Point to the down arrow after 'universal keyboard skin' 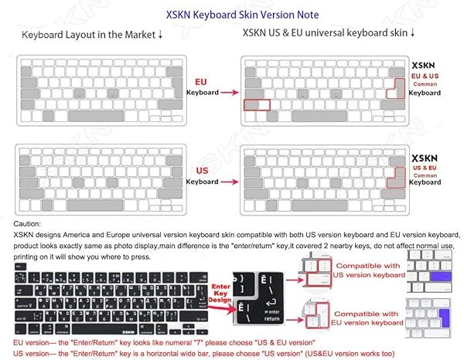tap(413, 34)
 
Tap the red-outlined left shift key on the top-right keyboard tap(256, 104)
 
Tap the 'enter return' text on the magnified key tap(273, 316)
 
